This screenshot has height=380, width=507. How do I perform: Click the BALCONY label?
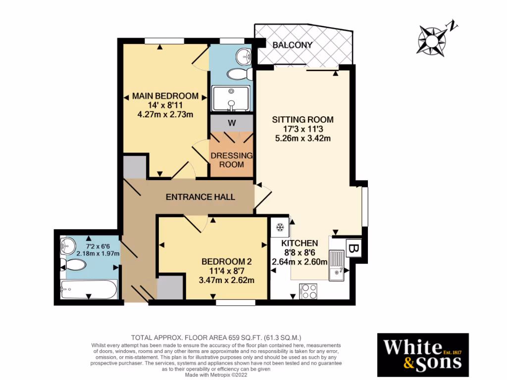[293, 45]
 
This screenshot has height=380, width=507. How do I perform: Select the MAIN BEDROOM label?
[165, 96]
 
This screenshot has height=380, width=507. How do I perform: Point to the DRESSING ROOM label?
[231, 160]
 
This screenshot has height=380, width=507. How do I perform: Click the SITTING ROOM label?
[303, 119]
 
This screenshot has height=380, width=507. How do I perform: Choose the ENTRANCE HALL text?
[200, 197]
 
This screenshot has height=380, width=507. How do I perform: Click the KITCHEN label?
[300, 243]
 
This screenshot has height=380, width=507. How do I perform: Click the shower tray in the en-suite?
[231, 98]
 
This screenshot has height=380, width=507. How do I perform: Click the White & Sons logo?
[423, 355]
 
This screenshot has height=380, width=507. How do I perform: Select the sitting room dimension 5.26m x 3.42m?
[303, 138]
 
